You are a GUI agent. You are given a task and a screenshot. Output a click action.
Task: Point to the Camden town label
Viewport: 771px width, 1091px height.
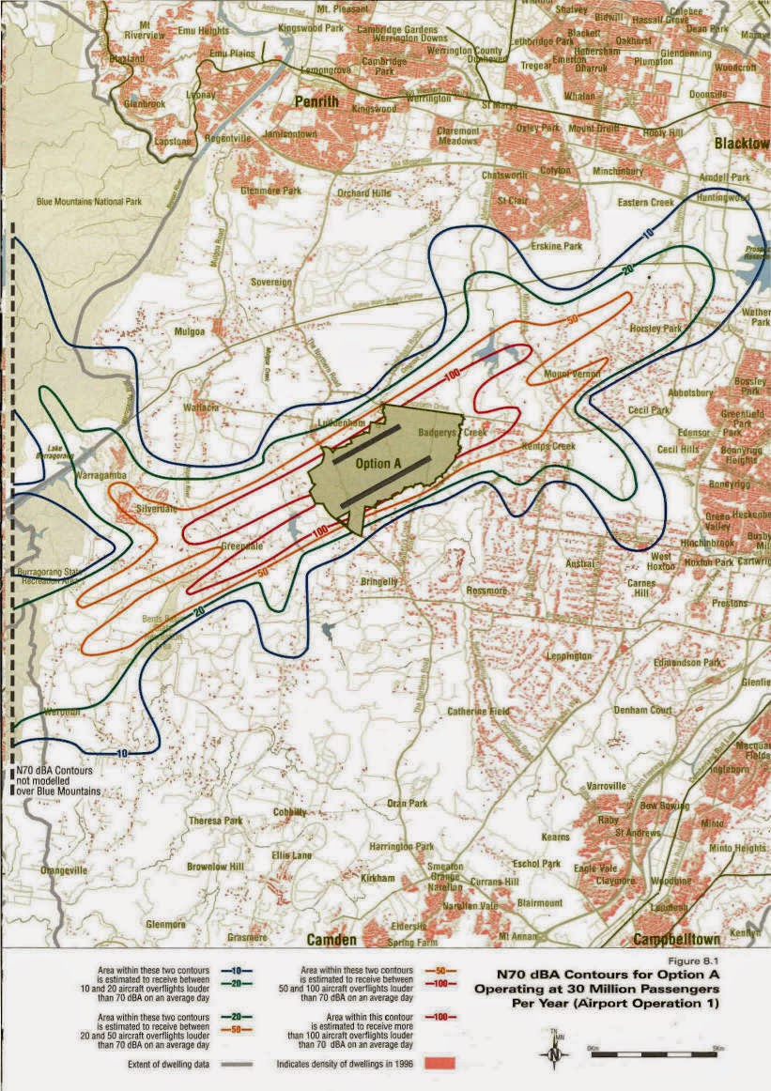click(x=332, y=940)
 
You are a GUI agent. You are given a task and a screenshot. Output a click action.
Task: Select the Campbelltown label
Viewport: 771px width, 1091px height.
click(x=676, y=940)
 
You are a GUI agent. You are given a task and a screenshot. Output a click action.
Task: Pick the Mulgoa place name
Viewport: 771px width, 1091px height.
click(x=190, y=332)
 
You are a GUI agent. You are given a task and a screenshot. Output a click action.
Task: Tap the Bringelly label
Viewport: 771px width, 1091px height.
click(x=380, y=582)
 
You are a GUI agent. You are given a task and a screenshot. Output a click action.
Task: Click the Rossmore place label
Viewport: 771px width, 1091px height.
click(x=486, y=592)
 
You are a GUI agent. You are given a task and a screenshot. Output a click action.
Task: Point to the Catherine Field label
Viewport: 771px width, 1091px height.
click(x=478, y=712)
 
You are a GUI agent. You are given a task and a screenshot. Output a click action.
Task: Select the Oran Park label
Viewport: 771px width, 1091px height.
click(x=407, y=804)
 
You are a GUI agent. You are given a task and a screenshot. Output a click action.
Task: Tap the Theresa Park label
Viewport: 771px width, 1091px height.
click(x=217, y=820)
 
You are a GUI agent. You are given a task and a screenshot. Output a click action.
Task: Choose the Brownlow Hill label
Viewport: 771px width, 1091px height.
click(x=215, y=866)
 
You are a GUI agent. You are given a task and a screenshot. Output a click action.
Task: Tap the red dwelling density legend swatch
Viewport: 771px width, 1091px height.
click(x=439, y=1064)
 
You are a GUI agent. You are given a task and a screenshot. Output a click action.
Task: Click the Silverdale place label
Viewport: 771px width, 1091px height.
click(x=156, y=507)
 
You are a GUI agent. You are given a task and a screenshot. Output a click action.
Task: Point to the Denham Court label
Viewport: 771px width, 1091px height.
click(x=643, y=710)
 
